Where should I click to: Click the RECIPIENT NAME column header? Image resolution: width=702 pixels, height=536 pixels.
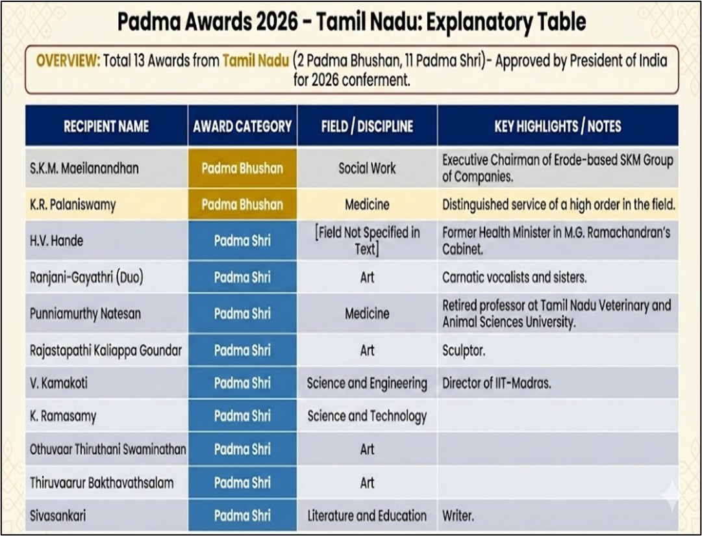pyautogui.click(x=106, y=126)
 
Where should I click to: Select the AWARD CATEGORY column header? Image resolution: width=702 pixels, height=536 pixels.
pyautogui.click(x=242, y=126)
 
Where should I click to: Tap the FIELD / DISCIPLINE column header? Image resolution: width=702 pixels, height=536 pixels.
pyautogui.click(x=367, y=126)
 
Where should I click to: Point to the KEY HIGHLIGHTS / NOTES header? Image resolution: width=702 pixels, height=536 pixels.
pyautogui.click(x=557, y=126)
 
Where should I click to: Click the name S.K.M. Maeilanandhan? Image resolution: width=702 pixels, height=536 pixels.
pyautogui.click(x=84, y=169)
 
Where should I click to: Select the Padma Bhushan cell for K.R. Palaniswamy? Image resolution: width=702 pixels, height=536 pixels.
pyautogui.click(x=242, y=205)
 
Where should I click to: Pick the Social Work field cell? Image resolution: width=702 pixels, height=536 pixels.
pyautogui.click(x=367, y=169)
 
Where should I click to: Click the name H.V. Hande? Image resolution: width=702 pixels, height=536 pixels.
pyautogui.click(x=56, y=241)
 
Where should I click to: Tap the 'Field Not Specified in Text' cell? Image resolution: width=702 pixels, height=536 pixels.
pyautogui.click(x=367, y=240)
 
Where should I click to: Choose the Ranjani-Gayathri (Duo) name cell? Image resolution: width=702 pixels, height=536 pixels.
pyautogui.click(x=86, y=277)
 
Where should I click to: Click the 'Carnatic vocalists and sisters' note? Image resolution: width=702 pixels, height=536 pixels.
pyautogui.click(x=514, y=277)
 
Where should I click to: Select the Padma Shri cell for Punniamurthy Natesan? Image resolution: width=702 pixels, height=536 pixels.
pyautogui.click(x=242, y=314)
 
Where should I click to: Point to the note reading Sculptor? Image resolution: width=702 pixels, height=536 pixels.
pyautogui.click(x=464, y=351)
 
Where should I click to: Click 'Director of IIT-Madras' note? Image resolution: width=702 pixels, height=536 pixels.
pyautogui.click(x=497, y=383)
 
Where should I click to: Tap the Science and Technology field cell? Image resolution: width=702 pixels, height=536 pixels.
pyautogui.click(x=367, y=416)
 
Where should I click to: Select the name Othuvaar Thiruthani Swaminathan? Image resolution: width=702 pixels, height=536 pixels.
pyautogui.click(x=108, y=450)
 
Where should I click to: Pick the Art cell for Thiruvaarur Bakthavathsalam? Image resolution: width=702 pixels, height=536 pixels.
pyautogui.click(x=367, y=483)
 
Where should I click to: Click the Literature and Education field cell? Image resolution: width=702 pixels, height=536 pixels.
pyautogui.click(x=367, y=517)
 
